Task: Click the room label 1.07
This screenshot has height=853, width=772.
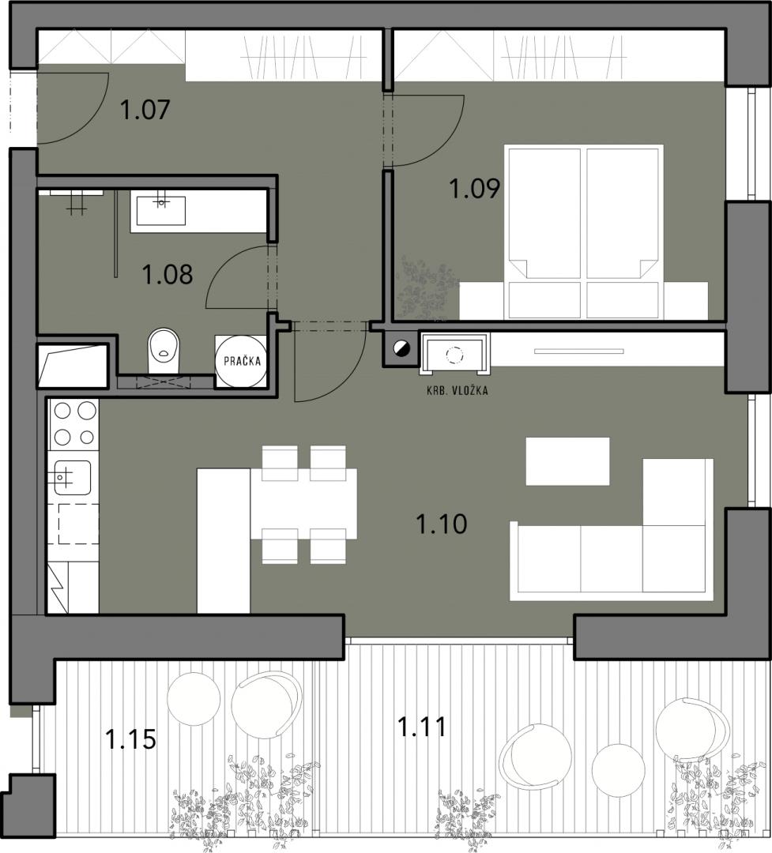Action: click(145, 110)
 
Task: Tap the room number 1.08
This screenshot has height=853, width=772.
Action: click(168, 274)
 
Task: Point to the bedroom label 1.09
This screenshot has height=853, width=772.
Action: click(474, 189)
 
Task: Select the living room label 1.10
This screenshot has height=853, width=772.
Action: click(441, 524)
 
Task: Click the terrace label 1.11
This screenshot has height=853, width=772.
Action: click(422, 727)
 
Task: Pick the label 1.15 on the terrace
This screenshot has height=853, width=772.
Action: click(130, 739)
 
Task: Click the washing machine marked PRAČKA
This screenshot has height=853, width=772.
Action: click(241, 361)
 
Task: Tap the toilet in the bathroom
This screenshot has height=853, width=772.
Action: click(164, 351)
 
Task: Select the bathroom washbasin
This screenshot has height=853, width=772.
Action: click(160, 211)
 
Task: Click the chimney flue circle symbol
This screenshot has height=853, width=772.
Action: click(402, 349)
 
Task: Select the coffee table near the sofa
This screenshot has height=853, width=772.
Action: click(567, 460)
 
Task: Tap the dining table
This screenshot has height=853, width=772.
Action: click(303, 504)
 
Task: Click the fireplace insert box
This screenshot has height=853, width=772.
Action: click(454, 354)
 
